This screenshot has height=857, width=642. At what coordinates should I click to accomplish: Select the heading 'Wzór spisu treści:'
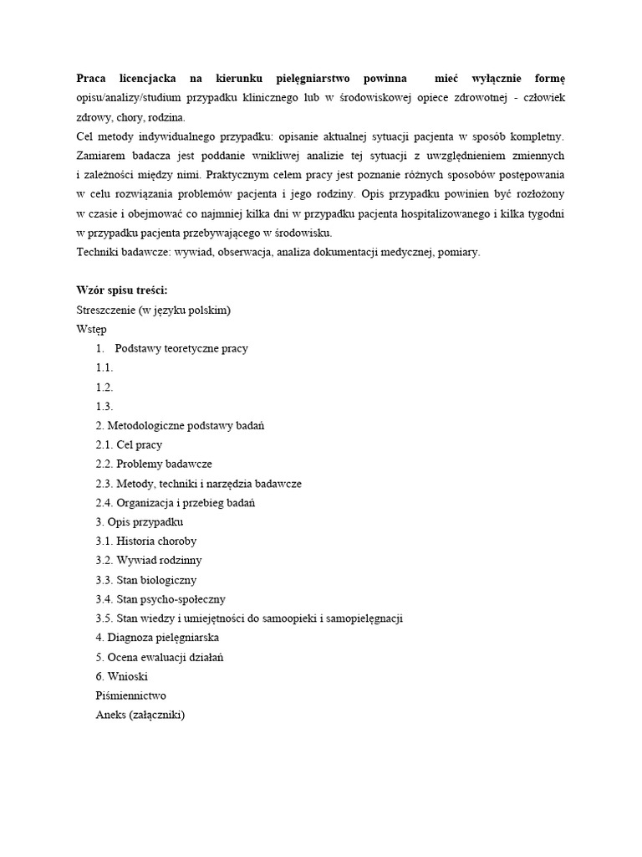pyautogui.click(x=122, y=290)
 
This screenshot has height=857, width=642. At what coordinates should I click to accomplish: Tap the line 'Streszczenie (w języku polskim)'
pyautogui.click(x=153, y=310)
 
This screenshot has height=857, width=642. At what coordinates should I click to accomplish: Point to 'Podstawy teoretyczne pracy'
pyautogui.click(x=181, y=348)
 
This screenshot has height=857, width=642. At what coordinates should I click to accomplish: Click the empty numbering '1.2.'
pyautogui.click(x=104, y=387)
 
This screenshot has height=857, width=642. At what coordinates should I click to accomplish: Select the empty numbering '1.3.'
pyautogui.click(x=104, y=406)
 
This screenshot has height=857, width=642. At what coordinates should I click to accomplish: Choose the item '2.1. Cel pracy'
pyautogui.click(x=129, y=444)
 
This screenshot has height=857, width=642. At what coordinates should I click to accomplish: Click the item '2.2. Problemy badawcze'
pyautogui.click(x=154, y=464)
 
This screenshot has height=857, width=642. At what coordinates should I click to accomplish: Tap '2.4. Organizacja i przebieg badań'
pyautogui.click(x=176, y=503)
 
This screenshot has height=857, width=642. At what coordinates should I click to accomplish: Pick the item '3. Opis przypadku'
pyautogui.click(x=140, y=522)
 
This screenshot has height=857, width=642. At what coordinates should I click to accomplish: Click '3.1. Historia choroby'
pyautogui.click(x=146, y=541)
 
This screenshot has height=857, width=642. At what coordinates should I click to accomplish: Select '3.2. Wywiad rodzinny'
pyautogui.click(x=149, y=561)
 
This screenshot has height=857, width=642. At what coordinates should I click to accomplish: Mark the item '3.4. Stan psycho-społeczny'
pyautogui.click(x=160, y=599)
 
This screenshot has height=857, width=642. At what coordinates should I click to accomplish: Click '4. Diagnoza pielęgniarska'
pyautogui.click(x=157, y=638)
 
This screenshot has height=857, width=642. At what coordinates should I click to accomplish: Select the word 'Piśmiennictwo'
pyautogui.click(x=131, y=695)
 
